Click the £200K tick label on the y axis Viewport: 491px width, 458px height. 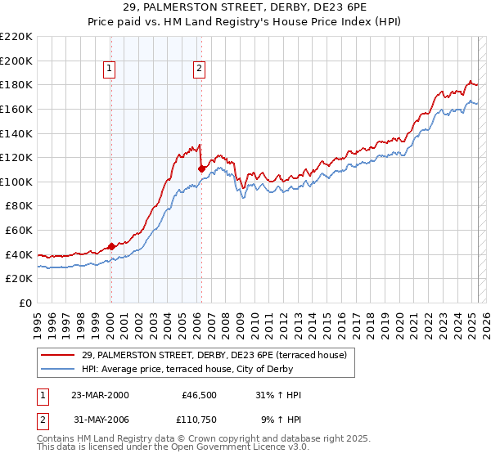coord(16,61)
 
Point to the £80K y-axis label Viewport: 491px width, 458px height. coord(19,206)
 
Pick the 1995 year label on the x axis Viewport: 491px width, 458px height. coord(38,319)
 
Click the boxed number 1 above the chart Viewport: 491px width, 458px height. coord(110,70)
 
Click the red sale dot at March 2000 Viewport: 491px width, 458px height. coord(111,246)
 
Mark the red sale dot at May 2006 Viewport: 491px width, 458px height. coord(201,168)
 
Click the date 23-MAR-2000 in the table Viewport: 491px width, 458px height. coord(100,395)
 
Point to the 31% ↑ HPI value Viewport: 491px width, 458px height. coord(278,395)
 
